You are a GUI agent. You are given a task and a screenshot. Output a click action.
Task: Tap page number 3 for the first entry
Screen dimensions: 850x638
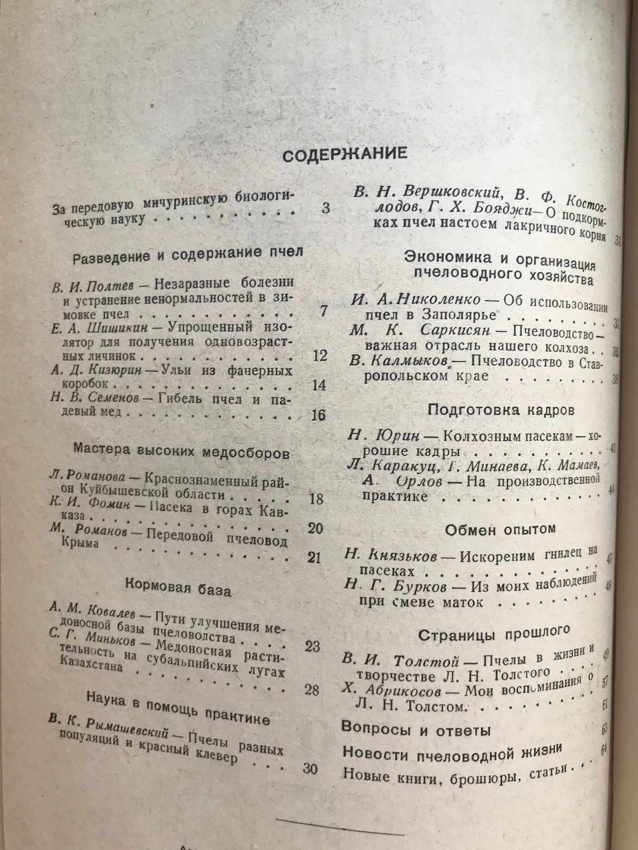pyautogui.click(x=325, y=209)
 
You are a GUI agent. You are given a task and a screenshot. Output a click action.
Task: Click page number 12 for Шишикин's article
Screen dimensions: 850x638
pyautogui.click(x=319, y=355)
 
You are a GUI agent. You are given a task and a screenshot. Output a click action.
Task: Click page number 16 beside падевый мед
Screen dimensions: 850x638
pyautogui.click(x=318, y=414)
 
